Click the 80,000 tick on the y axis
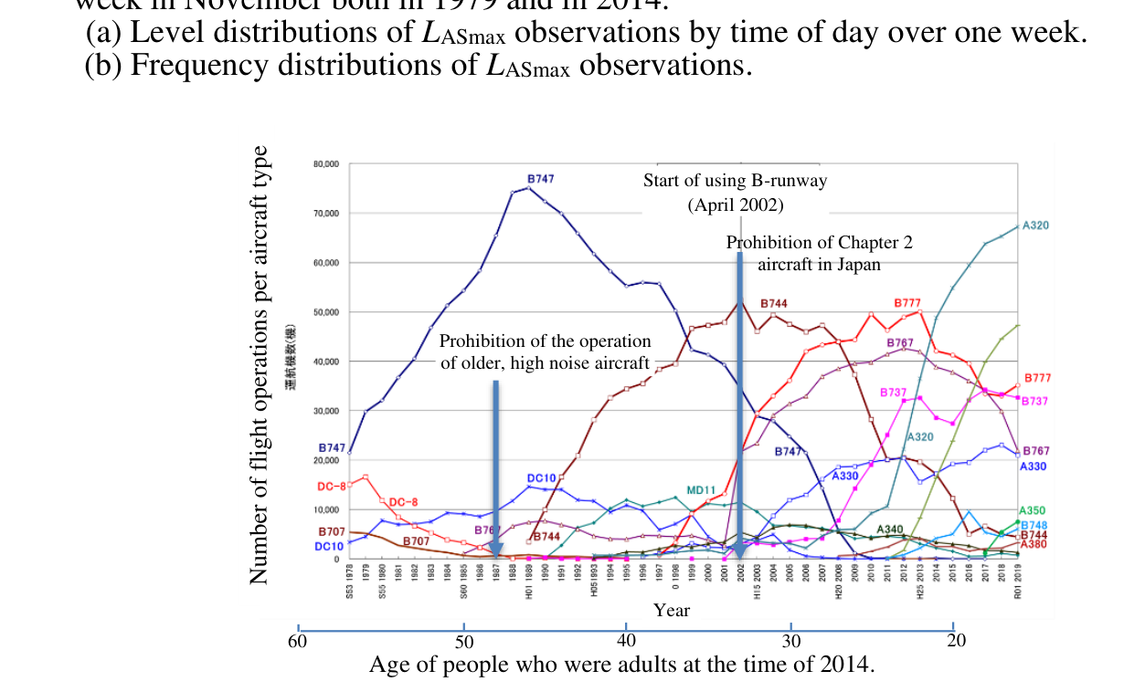(326, 164)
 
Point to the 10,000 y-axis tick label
(326, 509)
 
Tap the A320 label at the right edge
(1035, 225)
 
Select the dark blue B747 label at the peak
(540, 179)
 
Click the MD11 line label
(700, 491)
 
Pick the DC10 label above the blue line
(541, 478)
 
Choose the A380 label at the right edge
(1034, 544)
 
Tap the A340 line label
(890, 529)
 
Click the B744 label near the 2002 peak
(773, 304)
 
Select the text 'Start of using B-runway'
(735, 181)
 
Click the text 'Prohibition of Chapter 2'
(819, 243)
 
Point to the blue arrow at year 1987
(495, 466)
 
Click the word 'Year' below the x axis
(671, 610)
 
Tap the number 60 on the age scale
(297, 640)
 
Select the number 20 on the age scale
(957, 640)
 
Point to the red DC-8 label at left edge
(331, 487)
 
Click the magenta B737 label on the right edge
(1034, 401)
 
